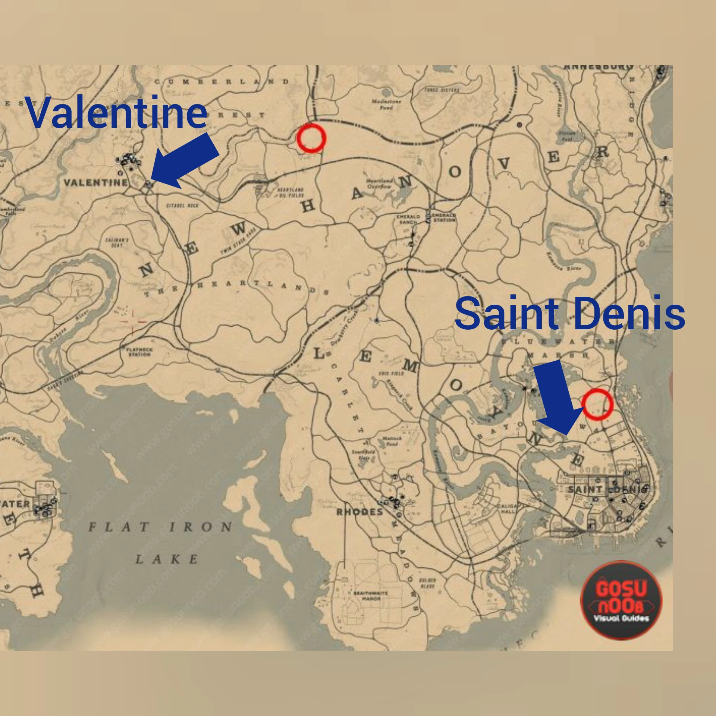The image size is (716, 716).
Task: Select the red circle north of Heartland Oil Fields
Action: coord(311,138)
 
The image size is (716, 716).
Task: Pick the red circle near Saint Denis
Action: coord(597,404)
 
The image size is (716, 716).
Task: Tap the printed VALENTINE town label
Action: coord(95,183)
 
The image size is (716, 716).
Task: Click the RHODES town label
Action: coord(359,512)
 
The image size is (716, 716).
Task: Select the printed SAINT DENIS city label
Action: coord(608,489)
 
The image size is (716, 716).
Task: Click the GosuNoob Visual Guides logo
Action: coord(621,600)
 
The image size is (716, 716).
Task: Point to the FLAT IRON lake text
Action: coord(160,527)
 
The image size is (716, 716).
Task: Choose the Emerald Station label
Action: coord(444,218)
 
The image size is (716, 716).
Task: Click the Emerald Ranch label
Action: coord(408,219)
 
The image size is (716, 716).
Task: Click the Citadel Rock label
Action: coord(182,205)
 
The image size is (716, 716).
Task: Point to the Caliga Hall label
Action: coord(507,509)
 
